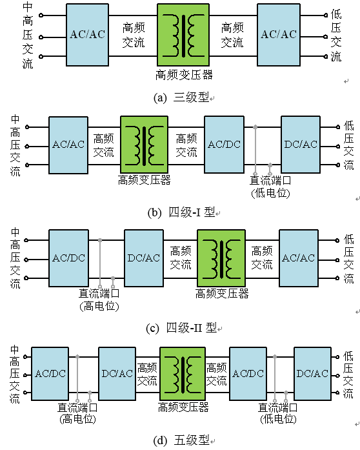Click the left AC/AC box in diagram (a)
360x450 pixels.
click(x=88, y=35)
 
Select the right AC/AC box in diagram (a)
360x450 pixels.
click(x=279, y=35)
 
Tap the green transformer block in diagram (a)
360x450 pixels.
click(x=183, y=35)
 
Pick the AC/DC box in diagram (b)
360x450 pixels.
click(x=224, y=145)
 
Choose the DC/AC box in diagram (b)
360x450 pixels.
click(x=301, y=145)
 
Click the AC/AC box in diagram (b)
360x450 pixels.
click(x=68, y=145)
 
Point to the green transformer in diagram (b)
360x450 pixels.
click(x=144, y=145)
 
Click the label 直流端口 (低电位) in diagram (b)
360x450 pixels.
click(x=270, y=187)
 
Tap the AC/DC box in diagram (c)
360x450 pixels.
click(x=68, y=258)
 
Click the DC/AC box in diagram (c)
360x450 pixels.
click(x=144, y=258)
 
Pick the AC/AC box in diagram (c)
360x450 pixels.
click(x=299, y=258)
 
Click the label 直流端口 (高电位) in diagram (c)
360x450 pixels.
click(x=99, y=300)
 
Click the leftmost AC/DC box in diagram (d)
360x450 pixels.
click(x=50, y=373)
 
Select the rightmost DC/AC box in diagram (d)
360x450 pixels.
click(x=312, y=373)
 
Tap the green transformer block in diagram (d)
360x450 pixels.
click(x=183, y=373)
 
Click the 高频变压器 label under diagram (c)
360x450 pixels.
click(x=222, y=294)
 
